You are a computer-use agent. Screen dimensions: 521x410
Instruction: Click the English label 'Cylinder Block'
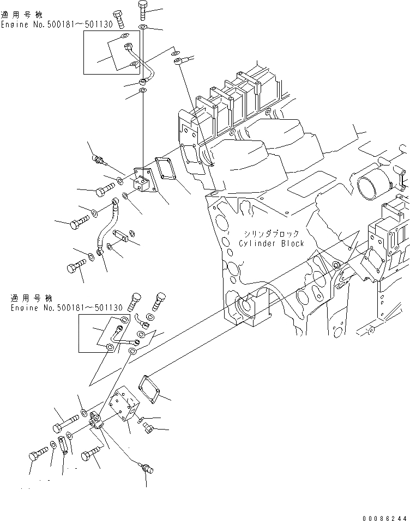click(x=271, y=243)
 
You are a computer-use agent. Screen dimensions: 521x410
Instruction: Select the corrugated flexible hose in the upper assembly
click(x=107, y=229)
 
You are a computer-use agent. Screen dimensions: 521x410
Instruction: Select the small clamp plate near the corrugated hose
click(x=121, y=236)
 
